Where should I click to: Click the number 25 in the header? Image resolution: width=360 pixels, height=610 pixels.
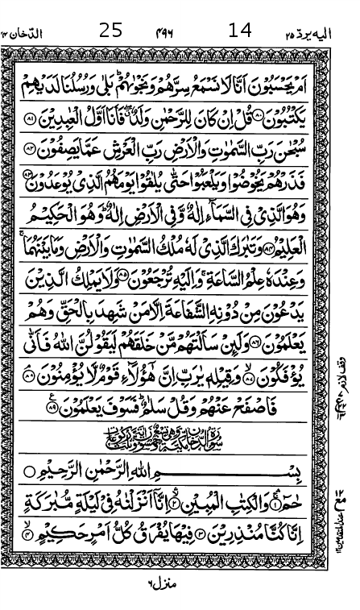(110, 31)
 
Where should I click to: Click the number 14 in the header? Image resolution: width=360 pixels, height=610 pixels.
(240, 31)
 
